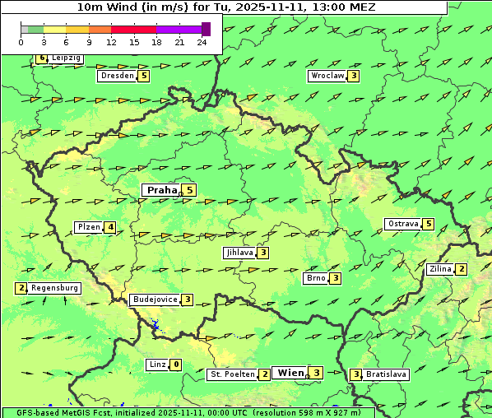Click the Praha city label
161,190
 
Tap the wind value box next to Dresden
144,76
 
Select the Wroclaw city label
327,76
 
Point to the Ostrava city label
403,224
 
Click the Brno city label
316,278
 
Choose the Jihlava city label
239,253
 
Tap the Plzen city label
88,227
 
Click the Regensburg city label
55,288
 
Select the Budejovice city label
155,300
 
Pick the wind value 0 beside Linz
176,365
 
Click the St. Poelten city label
231,374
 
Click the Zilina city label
440,269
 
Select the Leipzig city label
66,58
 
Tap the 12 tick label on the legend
111,42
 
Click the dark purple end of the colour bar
206,29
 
